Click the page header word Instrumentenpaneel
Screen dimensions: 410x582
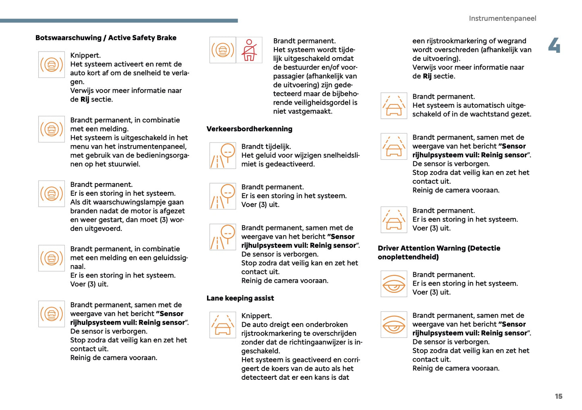502,19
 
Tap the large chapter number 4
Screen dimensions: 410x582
554,45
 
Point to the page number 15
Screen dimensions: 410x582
558,396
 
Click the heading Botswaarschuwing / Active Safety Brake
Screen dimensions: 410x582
106,38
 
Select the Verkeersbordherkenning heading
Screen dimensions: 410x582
249,129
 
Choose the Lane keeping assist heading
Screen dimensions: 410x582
240,298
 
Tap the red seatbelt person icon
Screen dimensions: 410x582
249,50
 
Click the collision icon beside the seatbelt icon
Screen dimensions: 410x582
223,50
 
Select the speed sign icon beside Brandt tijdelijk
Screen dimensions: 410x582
223,155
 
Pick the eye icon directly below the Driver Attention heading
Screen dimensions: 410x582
394,284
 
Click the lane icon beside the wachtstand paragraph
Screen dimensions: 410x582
394,106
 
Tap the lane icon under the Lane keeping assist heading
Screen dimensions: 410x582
223,325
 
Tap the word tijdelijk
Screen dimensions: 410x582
278,147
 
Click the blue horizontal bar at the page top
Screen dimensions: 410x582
119,21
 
